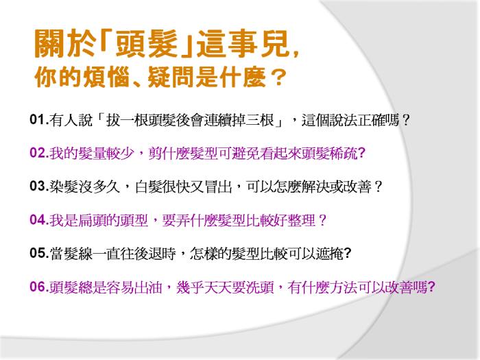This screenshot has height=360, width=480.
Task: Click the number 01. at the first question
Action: (x=39, y=119)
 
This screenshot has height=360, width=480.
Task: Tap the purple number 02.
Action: (x=39, y=153)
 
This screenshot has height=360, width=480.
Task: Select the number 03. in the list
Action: (x=39, y=186)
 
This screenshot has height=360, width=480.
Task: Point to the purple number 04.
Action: (x=39, y=220)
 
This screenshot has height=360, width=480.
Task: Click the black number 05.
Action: (x=39, y=253)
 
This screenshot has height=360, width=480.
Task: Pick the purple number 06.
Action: (x=39, y=287)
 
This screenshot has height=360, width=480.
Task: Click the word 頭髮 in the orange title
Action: (x=147, y=44)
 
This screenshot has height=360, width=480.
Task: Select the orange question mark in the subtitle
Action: (x=278, y=77)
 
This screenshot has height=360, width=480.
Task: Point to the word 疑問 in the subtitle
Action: (x=171, y=77)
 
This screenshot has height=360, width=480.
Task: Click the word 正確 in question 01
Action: (x=372, y=120)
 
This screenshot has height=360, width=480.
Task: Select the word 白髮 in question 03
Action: (x=149, y=187)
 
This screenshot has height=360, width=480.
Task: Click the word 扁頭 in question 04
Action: (x=92, y=220)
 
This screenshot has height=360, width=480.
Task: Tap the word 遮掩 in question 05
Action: (x=329, y=254)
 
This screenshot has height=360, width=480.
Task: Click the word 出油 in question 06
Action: (x=149, y=287)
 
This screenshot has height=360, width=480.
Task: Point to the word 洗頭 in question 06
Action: (x=260, y=287)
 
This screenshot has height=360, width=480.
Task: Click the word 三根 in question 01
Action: (x=260, y=120)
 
